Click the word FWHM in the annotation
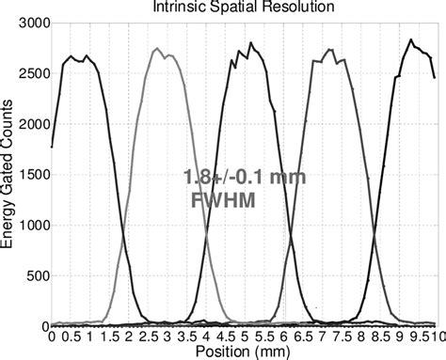coord(227,199)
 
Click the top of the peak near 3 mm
coord(157,49)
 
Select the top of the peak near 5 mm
coord(250,43)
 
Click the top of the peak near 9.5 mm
coord(411,39)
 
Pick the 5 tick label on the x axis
coord(243,336)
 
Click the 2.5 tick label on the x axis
coord(147,336)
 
